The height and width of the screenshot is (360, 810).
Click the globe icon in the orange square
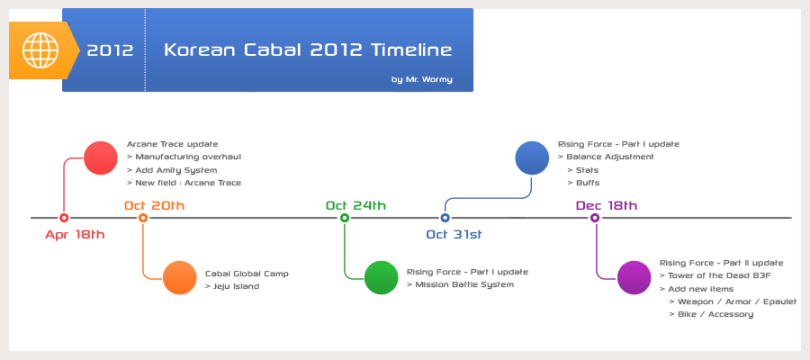40,49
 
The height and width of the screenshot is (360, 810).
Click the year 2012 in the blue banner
110,50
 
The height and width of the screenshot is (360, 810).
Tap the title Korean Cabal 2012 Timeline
307,49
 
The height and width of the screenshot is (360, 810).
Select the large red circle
100,158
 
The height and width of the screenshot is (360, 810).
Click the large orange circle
179,277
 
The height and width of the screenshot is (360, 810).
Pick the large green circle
381,277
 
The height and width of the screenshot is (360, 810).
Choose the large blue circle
531,158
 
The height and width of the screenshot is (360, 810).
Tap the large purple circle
634,277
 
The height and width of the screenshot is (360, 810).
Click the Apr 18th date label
75,235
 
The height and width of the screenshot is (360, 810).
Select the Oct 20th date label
154,205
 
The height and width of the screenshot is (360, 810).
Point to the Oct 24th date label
355,205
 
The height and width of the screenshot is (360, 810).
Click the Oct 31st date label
454,235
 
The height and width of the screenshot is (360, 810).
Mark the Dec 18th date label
606,205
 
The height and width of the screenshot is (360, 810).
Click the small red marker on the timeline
64,217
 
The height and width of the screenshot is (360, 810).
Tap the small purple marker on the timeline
596,217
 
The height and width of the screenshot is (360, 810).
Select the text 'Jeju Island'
235,286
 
